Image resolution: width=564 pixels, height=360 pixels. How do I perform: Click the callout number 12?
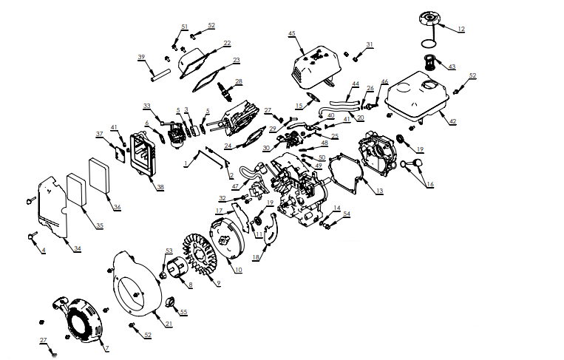(x=461, y=29)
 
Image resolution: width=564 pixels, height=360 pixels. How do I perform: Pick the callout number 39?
(x=141, y=57)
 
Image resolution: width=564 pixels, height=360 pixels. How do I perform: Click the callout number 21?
(x=169, y=325)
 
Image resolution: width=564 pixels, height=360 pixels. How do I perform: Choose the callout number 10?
(x=238, y=271)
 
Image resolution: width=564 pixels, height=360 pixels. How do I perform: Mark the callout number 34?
(x=78, y=248)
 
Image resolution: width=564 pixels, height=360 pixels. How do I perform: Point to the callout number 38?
(x=160, y=188)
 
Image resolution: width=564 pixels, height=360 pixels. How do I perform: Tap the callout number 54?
(x=347, y=214)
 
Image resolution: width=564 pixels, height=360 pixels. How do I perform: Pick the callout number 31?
(x=370, y=44)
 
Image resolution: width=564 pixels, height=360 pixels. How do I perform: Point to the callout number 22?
(x=227, y=44)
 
